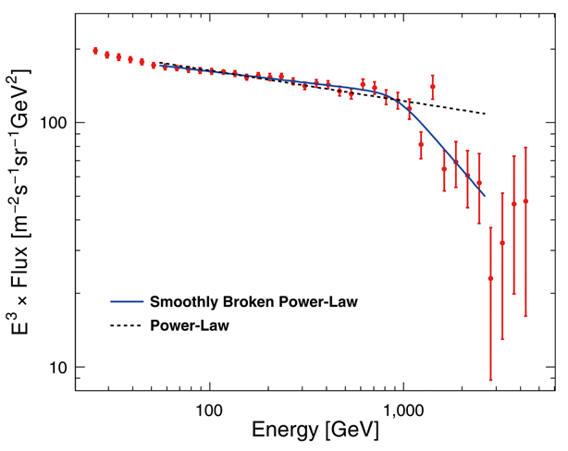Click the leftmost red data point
pyautogui.click(x=95, y=51)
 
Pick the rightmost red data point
pyautogui.click(x=525, y=201)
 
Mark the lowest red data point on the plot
pyautogui.click(x=491, y=278)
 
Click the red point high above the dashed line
pyautogui.click(x=432, y=86)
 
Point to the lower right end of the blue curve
pyautogui.click(x=484, y=196)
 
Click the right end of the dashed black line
pyautogui.click(x=485, y=114)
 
